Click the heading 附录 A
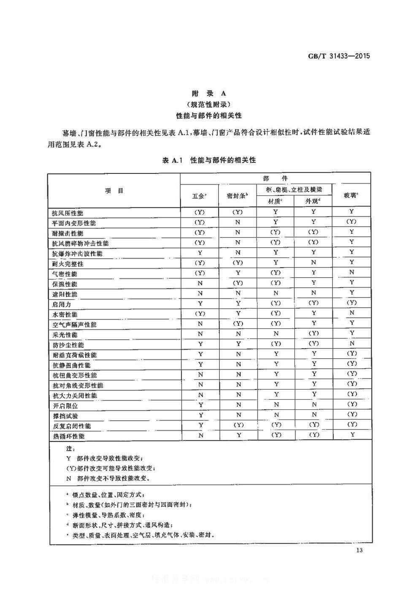[x=209, y=93]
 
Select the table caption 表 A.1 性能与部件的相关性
[x=209, y=160]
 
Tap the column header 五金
[x=199, y=196]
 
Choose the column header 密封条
[x=237, y=196]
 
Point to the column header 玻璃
[x=351, y=195]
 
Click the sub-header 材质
[x=275, y=201]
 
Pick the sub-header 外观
[x=313, y=201]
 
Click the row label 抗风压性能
[x=68, y=213]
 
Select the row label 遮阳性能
[x=65, y=294]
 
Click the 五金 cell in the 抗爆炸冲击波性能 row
[x=200, y=252]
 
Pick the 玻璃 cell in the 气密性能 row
[x=352, y=272]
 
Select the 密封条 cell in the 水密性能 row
[x=238, y=313]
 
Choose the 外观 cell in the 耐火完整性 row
[x=314, y=262]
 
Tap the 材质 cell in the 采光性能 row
[x=276, y=333]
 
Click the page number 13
[x=360, y=550]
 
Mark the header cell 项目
[x=114, y=191]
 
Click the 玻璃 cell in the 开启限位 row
[x=352, y=404]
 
